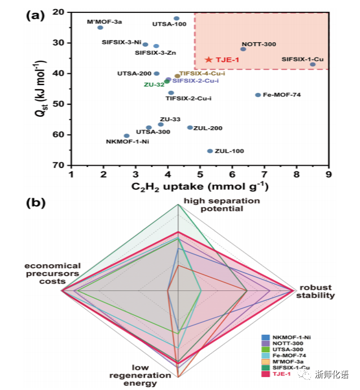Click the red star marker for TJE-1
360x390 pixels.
pos(209,59)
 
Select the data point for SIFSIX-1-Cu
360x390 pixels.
pos(313,64)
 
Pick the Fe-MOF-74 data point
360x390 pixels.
pos(258,95)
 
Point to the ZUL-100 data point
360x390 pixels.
pos(210,151)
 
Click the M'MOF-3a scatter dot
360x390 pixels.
pos(100,28)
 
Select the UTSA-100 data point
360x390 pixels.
pos(177,19)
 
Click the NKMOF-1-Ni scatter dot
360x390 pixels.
pos(126,136)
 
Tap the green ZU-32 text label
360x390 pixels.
pos(153,85)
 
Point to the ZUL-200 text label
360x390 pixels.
pos(208,128)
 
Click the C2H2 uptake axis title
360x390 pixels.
pos(199,187)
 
